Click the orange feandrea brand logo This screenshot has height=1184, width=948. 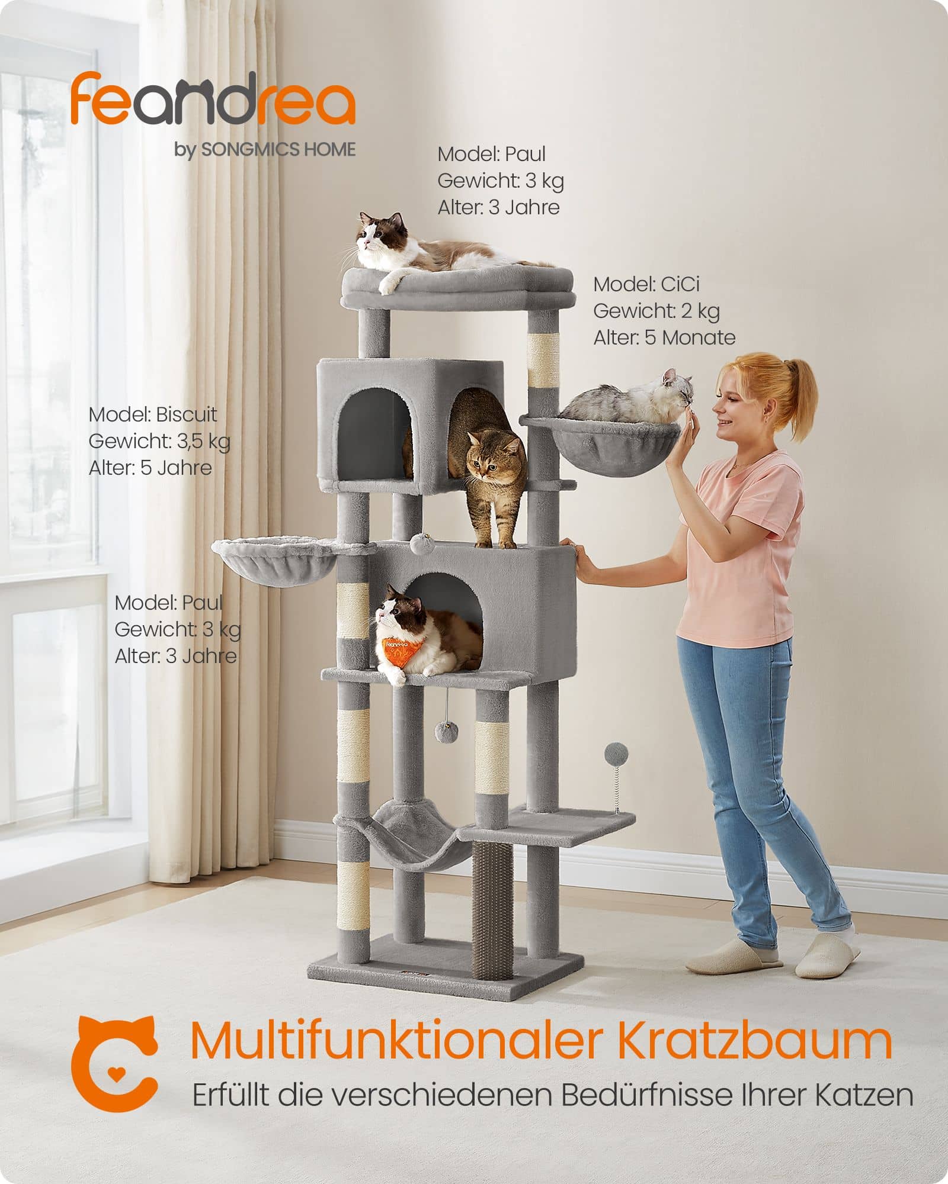coord(213,99)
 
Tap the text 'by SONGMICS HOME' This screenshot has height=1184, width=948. coord(265,150)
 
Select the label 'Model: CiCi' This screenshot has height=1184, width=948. coord(646,284)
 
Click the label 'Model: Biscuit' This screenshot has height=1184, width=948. coord(153,414)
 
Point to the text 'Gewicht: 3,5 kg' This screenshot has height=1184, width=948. coord(159,441)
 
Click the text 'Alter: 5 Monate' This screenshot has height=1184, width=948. coord(664,337)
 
